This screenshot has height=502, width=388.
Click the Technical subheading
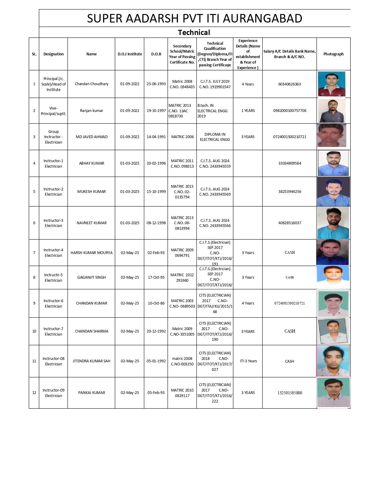coord(194,33)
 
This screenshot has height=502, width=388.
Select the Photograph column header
coord(333,54)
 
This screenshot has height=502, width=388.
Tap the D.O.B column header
coord(156,54)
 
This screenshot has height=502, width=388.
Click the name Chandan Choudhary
coord(92,84)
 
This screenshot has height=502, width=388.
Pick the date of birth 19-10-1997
coord(156,111)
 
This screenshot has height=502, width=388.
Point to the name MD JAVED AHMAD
coord(92,137)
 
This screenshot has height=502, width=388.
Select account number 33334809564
coord(290,163)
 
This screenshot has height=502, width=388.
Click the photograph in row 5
coord(333,192)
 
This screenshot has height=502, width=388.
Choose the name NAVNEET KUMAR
coord(92,223)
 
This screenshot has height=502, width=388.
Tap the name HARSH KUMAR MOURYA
coord(92,253)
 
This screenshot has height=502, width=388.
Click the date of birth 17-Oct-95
coord(156,277)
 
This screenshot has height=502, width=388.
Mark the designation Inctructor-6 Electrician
coord(53,304)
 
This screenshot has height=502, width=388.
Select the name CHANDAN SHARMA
coord(92,331)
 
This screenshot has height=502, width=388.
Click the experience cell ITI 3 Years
coord(248,361)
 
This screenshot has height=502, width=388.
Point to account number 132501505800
coord(290,393)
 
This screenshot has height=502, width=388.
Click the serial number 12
coord(34,393)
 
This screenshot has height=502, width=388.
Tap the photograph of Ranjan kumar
coord(332,111)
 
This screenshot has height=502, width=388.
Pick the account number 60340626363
coord(289,84)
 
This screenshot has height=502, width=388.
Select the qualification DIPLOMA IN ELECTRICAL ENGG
coord(215,137)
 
